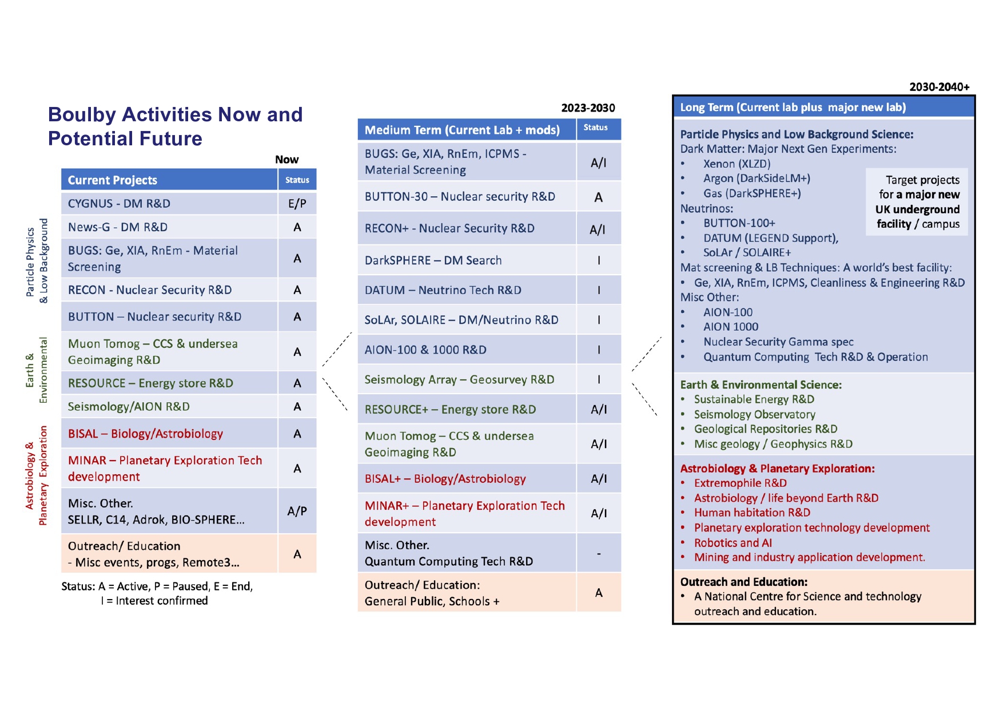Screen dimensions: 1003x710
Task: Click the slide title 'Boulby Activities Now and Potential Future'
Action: coord(175,126)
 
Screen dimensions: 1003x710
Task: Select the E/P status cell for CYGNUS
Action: coord(297,204)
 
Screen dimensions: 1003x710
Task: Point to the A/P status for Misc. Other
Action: coord(297,511)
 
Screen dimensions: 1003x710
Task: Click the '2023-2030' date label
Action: coord(588,108)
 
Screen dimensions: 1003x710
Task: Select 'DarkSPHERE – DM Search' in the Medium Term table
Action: coord(433,260)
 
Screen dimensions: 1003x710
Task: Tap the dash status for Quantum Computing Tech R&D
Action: coord(599,553)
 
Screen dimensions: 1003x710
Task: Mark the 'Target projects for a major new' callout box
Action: coord(917,202)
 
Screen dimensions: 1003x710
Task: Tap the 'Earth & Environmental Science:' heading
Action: coord(761,385)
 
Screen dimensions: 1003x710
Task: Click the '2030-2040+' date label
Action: coord(940,87)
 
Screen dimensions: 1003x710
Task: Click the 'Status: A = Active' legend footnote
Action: coord(157,593)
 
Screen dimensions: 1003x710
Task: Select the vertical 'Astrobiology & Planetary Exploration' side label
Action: coord(36,475)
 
